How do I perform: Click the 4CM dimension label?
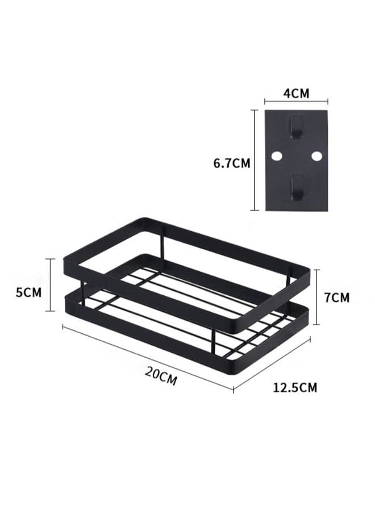tap(296, 94)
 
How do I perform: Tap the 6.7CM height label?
tap(232, 163)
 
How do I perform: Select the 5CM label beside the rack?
tap(29, 292)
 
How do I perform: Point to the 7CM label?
tap(337, 297)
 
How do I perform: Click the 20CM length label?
tap(161, 375)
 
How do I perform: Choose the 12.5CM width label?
tap(295, 387)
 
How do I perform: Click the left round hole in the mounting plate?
tap(277, 156)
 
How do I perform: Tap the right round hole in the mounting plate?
tap(316, 156)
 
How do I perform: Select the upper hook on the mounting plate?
tap(296, 127)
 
